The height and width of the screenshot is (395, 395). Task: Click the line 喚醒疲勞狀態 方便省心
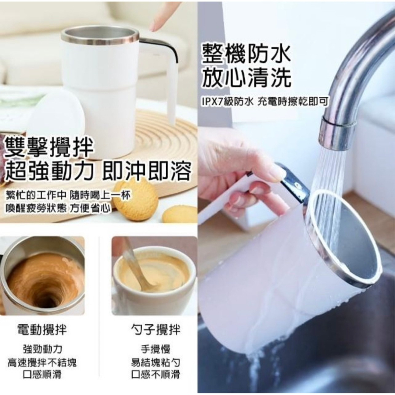click(x=58, y=209)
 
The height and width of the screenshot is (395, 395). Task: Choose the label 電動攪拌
click(x=42, y=329)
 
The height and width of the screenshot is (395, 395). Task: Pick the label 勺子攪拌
click(x=155, y=329)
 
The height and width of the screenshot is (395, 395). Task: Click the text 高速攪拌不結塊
click(x=42, y=362)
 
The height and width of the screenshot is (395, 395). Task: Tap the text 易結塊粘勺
click(x=155, y=362)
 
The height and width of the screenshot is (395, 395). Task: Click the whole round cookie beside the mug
click(x=135, y=199)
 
